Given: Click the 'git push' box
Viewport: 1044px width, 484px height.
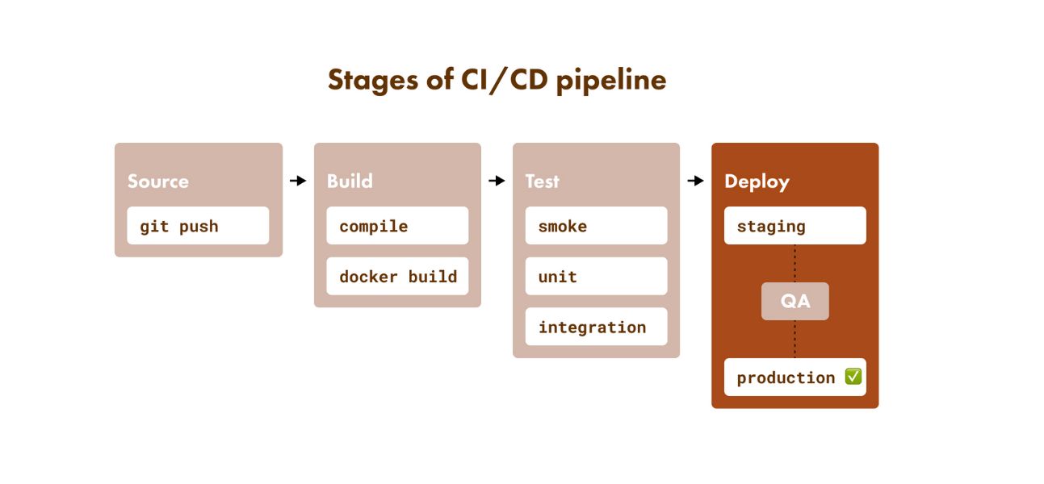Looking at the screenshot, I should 198,226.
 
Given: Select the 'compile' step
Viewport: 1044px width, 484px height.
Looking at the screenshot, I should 397,226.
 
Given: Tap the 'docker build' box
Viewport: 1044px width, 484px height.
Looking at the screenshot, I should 397,277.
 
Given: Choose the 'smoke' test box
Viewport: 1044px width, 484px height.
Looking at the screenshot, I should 596,226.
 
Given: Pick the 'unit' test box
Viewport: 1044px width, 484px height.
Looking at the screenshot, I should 596,277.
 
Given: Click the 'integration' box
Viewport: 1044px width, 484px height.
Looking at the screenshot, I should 596,327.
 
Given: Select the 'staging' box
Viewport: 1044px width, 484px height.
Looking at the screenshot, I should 795,226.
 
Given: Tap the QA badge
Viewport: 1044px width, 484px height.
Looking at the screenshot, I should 795,302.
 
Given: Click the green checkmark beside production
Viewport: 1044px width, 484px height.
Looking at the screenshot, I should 853,377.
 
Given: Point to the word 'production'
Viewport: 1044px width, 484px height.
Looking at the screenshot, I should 786,378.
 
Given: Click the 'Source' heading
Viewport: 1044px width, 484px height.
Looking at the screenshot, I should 158,181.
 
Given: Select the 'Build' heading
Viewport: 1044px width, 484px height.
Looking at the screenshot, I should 350,181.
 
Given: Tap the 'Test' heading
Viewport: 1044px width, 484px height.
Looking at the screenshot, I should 542,181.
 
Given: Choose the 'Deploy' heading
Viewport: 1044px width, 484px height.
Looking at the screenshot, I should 757,181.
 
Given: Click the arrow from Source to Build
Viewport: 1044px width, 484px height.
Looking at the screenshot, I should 298,181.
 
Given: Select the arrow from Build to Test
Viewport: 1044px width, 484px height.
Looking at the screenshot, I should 497,181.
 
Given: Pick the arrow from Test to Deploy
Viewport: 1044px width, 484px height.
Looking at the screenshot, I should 695,181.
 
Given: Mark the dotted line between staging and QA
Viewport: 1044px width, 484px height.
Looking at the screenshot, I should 795,263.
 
